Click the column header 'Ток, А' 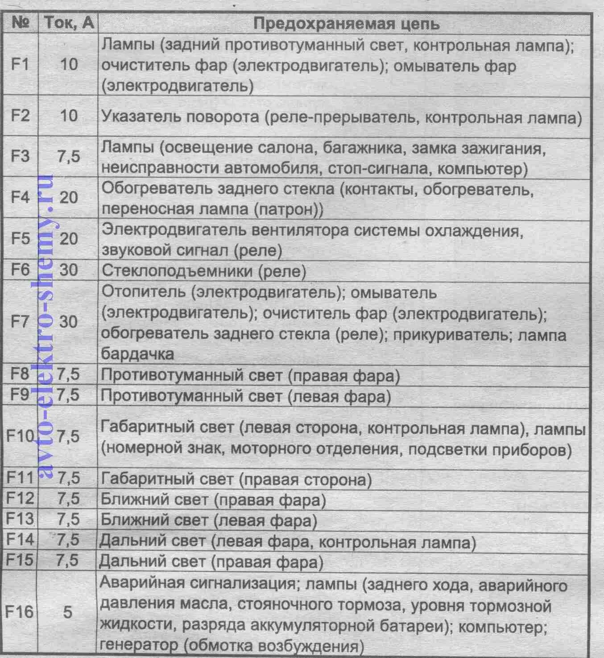tap(69, 23)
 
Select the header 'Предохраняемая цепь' tap(346, 24)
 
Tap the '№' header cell tap(21, 23)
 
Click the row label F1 tap(20, 64)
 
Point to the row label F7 tap(20, 321)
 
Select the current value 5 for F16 tap(68, 612)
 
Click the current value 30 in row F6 tap(68, 270)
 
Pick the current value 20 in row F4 tap(68, 197)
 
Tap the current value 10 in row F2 tap(68, 116)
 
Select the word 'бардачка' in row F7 tap(137, 354)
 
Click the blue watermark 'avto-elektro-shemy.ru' tap(46, 326)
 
